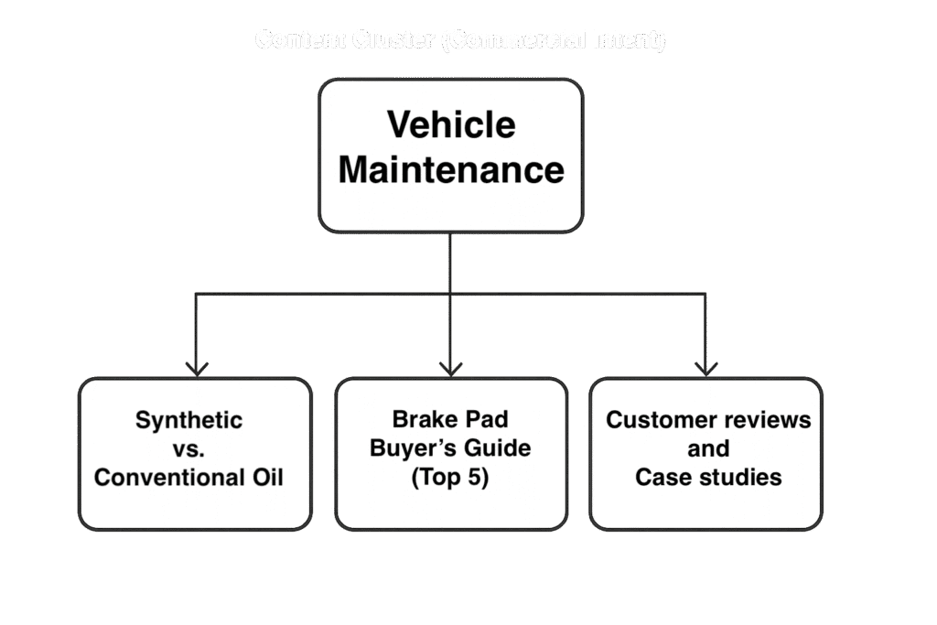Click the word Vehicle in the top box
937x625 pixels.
451,124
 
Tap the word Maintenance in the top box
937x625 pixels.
451,170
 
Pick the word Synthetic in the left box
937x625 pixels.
189,420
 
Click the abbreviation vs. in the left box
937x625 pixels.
189,448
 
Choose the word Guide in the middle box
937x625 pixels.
498,448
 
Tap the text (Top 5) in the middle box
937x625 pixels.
450,478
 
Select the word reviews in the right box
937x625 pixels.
765,420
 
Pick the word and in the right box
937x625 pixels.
708,448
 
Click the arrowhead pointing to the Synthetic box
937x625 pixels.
197,367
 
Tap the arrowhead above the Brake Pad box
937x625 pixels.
450,367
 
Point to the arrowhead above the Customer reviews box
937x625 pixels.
705,367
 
